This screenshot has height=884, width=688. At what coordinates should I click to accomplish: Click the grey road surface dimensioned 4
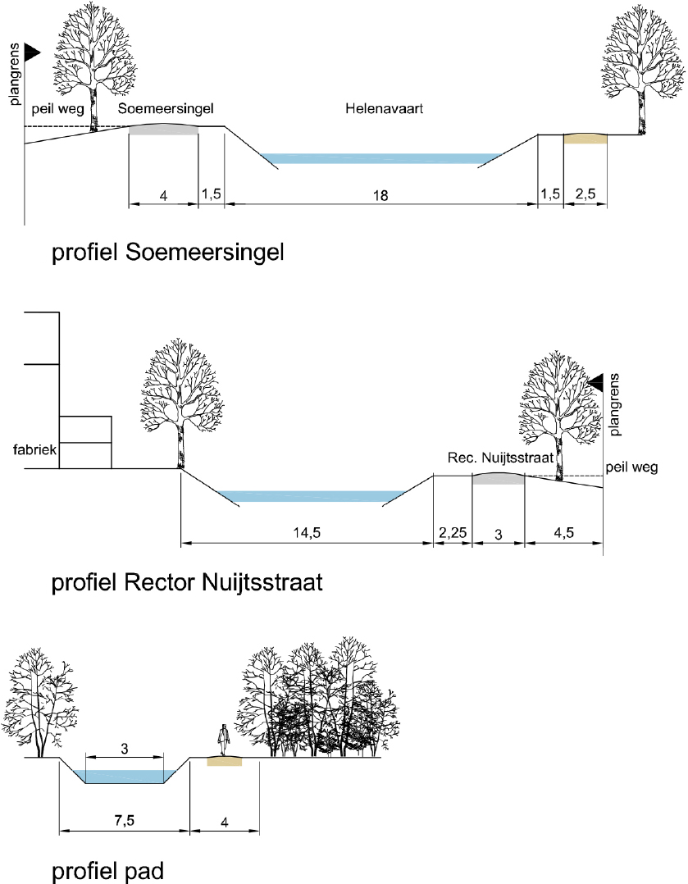tap(164, 131)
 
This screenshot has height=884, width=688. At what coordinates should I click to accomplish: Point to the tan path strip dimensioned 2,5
tap(585, 139)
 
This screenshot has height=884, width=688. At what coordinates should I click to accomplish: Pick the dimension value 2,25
tap(453, 532)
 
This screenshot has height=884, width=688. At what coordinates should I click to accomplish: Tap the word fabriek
tap(30, 449)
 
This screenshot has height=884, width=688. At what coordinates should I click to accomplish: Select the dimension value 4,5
tap(564, 532)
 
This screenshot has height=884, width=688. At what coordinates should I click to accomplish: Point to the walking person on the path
tap(221, 741)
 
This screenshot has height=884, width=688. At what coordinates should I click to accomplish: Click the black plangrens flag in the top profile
tap(32, 52)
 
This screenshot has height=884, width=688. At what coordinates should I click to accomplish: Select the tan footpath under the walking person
tap(225, 762)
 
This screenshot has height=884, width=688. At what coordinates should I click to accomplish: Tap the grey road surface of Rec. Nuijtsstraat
tap(499, 478)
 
